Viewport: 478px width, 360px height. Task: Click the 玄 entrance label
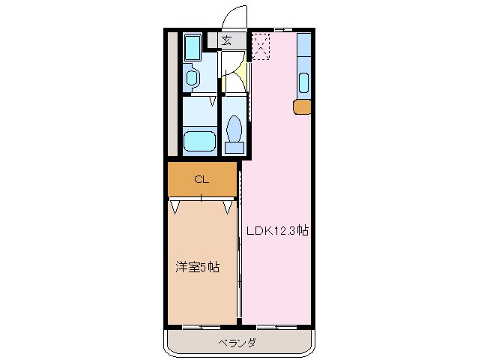tap(226, 40)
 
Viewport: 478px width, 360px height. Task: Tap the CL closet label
tap(201, 179)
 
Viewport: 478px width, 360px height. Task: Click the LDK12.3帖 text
tap(278, 231)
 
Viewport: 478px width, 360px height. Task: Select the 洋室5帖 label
tap(197, 267)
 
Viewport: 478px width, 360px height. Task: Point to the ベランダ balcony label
tap(238, 343)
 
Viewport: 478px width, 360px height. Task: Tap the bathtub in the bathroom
tap(200, 140)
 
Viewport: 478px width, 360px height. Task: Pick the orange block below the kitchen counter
tap(301, 106)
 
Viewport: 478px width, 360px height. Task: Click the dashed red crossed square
tap(260, 46)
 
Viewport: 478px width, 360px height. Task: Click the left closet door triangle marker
tap(175, 205)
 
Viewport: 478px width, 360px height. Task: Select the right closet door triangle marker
tap(228, 205)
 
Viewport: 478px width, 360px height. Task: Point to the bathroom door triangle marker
tap(213, 100)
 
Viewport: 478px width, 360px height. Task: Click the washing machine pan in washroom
tap(192, 49)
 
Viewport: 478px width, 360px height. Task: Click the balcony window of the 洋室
tap(201, 327)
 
